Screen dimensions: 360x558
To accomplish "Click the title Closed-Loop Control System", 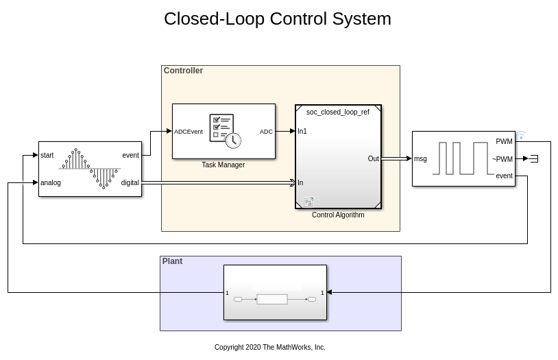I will pos(277,19).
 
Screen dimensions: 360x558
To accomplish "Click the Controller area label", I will pos(183,71).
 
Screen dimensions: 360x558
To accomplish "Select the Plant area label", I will pos(172,261).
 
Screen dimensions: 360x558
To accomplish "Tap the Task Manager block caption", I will pos(223,165).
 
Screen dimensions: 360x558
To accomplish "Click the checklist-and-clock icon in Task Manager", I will pos(225,130).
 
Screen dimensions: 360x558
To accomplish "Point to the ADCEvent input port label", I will pos(189,132).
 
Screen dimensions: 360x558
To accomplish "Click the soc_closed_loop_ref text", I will pos(337,112).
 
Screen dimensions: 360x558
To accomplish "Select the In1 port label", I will pos(302,131).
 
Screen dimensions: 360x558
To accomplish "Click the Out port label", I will pos(373,159).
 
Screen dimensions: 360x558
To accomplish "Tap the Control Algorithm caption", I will pos(338,215).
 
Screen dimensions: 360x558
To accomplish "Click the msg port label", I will pos(420,159).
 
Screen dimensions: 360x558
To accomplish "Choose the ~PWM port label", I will pos(502,159).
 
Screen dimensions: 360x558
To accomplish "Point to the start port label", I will pos(47,156).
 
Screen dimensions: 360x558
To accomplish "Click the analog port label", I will pos(51,183).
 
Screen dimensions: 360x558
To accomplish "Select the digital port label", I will pos(130,183).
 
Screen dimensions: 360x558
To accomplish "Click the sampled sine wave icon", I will pos(89,168).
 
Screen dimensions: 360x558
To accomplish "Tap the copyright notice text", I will pos(269,348).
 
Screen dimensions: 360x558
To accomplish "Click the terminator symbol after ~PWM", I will pos(534,158).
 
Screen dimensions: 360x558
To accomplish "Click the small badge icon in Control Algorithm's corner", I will pos(308,202).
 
